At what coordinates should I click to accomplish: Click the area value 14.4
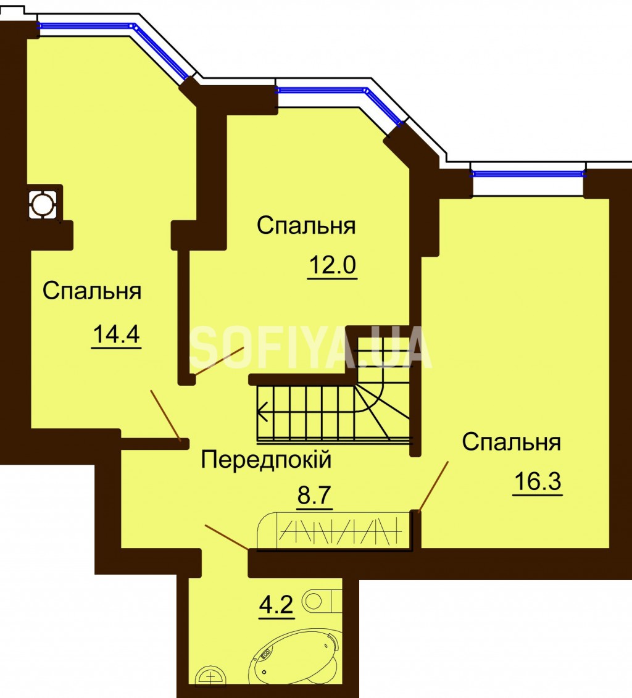(x=116, y=334)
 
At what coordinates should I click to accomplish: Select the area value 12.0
(x=332, y=265)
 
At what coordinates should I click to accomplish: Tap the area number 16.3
(x=538, y=481)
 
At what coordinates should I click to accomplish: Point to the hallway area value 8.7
(x=315, y=495)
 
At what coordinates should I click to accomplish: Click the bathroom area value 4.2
(x=276, y=605)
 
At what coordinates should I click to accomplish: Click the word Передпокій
(x=266, y=459)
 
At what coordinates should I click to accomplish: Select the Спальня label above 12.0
(x=306, y=226)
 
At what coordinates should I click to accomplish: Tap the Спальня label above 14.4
(x=92, y=291)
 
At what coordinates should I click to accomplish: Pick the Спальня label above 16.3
(x=512, y=442)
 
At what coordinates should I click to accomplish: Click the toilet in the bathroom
(x=322, y=602)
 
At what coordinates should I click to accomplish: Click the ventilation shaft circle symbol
(x=43, y=204)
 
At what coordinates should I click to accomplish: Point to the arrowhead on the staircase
(x=262, y=411)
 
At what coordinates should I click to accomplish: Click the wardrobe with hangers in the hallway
(x=335, y=531)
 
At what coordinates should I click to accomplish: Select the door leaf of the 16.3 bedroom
(x=433, y=486)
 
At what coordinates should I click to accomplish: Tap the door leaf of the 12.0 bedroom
(x=219, y=362)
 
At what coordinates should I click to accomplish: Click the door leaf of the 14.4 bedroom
(x=165, y=416)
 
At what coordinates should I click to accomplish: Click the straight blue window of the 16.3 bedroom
(x=528, y=173)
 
